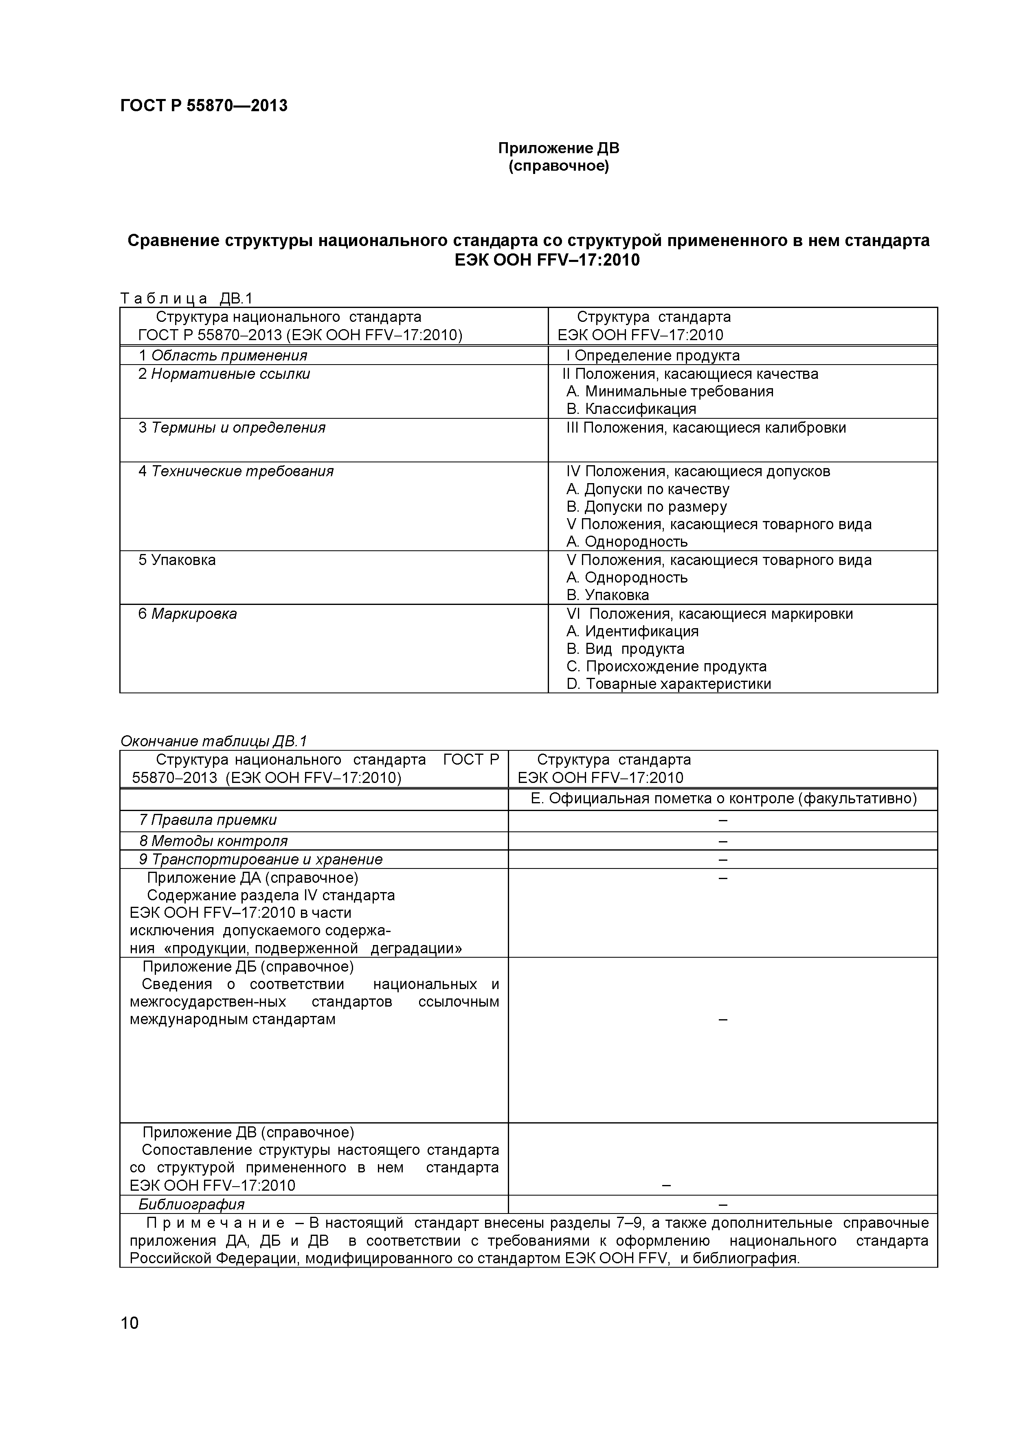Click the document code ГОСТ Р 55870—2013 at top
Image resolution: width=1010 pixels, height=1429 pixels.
[x=204, y=106]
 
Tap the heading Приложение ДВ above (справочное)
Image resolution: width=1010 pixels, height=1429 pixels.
[x=558, y=148]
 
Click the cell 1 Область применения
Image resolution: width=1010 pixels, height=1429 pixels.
[x=223, y=355]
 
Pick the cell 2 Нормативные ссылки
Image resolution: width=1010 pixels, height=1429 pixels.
[x=224, y=374]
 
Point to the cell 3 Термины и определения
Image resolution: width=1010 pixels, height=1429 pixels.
[x=231, y=428]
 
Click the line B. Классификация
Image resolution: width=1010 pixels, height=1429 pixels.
[x=631, y=409]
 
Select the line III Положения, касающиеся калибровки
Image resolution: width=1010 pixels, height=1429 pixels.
[x=706, y=428]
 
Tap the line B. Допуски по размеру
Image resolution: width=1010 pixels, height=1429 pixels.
[x=647, y=507]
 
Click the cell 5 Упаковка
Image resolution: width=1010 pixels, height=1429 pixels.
[x=177, y=560]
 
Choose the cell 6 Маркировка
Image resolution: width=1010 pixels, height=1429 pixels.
[x=187, y=613]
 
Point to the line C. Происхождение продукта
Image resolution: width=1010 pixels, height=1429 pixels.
[x=667, y=666]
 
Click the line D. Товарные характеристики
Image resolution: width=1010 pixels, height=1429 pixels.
[x=668, y=684]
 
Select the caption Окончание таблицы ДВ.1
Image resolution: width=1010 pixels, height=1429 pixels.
[x=213, y=741]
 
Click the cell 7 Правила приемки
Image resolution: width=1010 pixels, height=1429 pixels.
[x=208, y=820]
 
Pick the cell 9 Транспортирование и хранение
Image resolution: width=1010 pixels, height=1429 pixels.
[x=260, y=860]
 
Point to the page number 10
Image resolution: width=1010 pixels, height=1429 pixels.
[x=130, y=1323]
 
